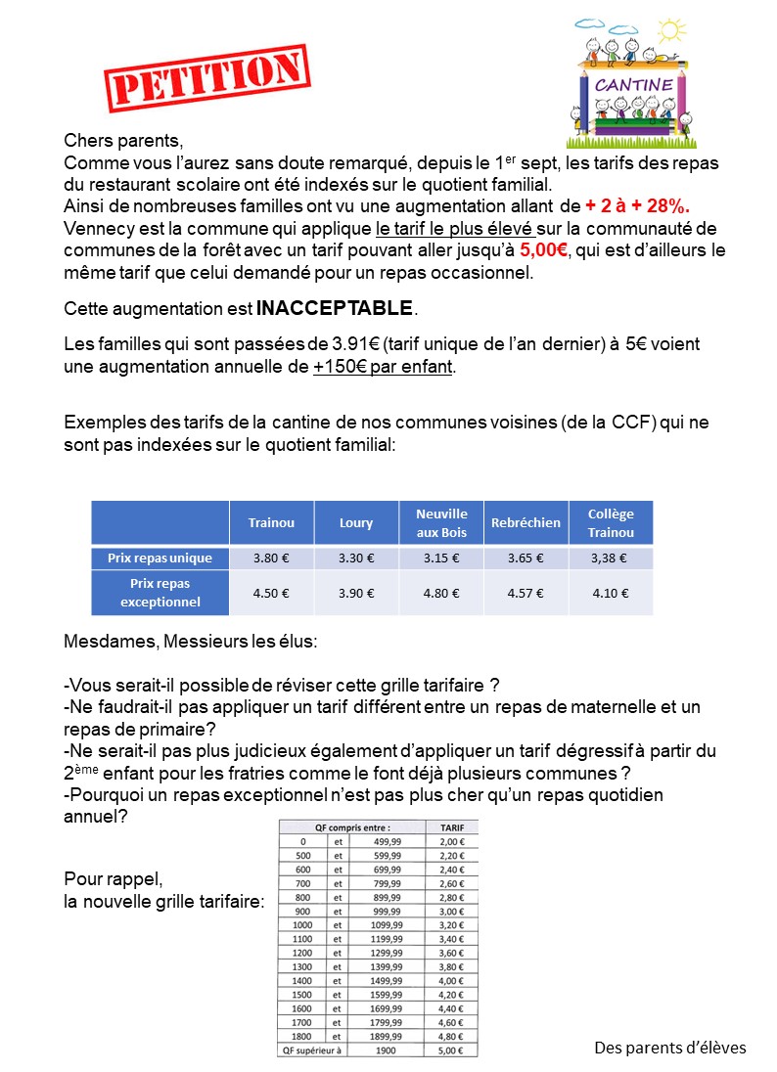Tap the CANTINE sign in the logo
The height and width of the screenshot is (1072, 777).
[634, 85]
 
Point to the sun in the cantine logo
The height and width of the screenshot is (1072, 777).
[670, 30]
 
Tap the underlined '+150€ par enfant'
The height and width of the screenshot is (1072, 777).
[385, 368]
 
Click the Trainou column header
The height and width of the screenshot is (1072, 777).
[271, 522]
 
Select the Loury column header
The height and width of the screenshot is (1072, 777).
[356, 522]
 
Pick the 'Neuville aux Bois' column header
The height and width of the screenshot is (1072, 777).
[441, 522]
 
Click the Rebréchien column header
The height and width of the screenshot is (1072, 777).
[526, 522]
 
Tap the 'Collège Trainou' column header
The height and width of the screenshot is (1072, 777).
[611, 522]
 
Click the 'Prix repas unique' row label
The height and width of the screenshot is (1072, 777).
[160, 558]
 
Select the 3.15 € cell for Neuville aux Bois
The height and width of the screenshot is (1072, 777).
[441, 558]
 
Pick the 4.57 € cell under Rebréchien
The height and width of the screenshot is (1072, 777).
[526, 593]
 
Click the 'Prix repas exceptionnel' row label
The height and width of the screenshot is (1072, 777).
[160, 593]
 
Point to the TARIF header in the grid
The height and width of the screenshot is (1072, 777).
[451, 826]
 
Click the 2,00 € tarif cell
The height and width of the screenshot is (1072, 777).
[451, 840]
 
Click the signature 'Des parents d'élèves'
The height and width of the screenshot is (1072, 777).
[670, 1048]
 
